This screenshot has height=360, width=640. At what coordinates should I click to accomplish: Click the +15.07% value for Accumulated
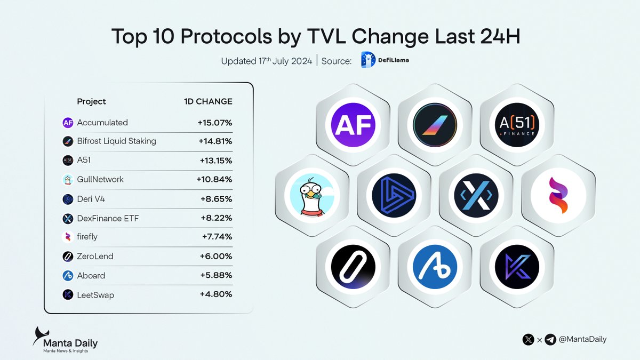214,123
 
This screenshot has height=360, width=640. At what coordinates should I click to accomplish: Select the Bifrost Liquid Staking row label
116,141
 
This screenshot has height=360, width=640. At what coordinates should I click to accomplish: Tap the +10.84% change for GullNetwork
214,180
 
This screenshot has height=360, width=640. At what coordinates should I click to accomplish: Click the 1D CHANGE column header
207,101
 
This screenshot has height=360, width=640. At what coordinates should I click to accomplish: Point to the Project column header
91,101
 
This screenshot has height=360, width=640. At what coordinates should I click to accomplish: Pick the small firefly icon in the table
68,237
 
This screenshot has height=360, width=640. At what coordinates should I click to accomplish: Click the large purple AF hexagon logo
353,125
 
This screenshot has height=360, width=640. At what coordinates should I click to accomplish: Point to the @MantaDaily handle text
582,339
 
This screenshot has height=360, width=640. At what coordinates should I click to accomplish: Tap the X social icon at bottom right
529,339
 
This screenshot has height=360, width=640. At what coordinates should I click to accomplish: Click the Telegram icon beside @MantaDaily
550,339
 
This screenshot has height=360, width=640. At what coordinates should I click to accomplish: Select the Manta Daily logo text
70,343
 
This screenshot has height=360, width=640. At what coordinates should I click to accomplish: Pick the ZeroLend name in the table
95,257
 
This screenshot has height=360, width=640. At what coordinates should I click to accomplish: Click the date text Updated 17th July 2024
266,61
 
